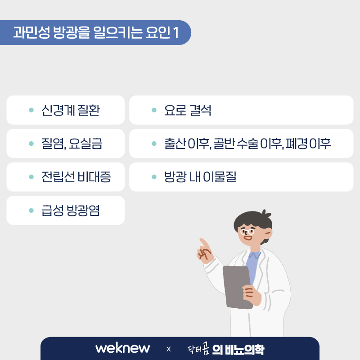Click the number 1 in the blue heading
coord(176,32)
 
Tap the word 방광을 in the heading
coord(72,32)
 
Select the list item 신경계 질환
coord(71,110)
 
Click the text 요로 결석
coord(188,110)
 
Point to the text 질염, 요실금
coord(72,144)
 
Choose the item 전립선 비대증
coord(76,177)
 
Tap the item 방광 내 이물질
coord(200,177)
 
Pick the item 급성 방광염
coord(71,211)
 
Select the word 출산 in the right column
coord(175,144)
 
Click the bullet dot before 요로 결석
coord(154,110)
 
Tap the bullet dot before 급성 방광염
coord(31,211)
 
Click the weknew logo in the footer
coord(122,348)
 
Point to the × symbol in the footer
coord(168,349)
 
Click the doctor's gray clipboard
coord(238,288)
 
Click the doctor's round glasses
coord(247,232)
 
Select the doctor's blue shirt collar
coord(254,255)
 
